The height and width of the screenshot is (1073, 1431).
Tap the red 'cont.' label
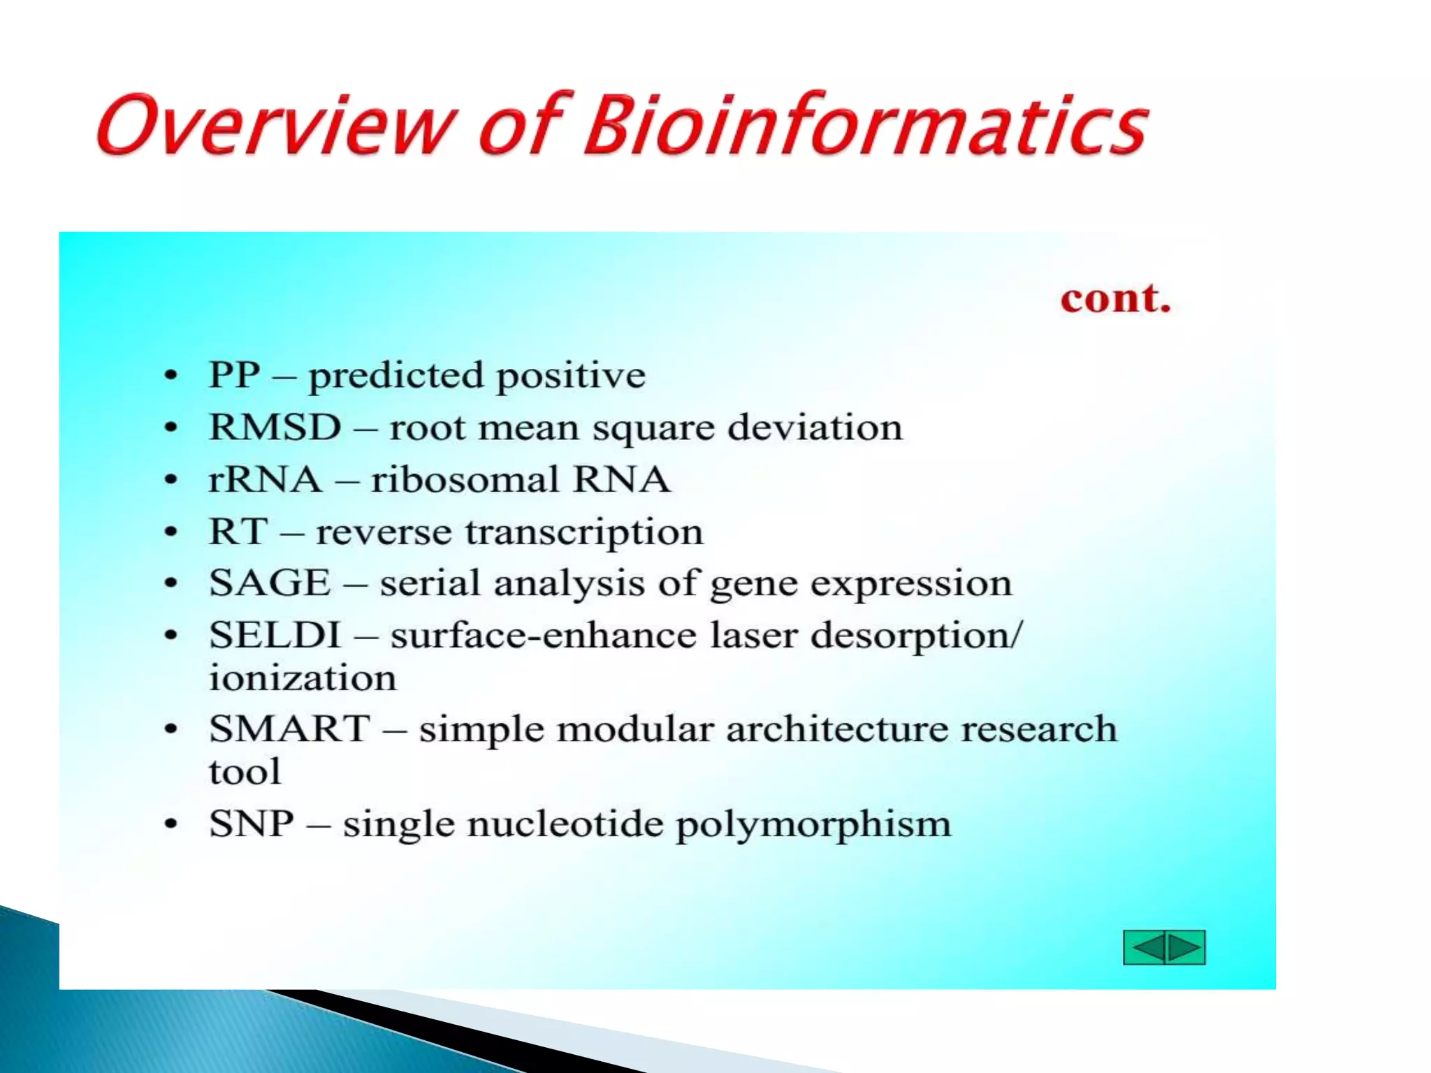tap(1115, 299)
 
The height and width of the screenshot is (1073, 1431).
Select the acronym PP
tap(235, 375)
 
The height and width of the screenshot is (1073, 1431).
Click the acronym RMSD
tap(275, 428)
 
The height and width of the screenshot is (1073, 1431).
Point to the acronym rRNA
tap(265, 480)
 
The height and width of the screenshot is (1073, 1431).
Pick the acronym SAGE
tap(270, 583)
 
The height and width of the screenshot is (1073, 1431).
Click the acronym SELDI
tap(275, 635)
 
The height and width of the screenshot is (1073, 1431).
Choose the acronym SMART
tap(289, 729)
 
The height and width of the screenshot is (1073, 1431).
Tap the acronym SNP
tap(252, 824)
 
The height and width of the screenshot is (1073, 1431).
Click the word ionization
tap(303, 678)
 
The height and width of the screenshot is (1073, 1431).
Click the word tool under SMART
tap(245, 772)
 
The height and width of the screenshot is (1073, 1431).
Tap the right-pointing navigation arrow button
tap(1186, 948)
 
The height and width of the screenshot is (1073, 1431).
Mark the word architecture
tap(836, 729)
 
